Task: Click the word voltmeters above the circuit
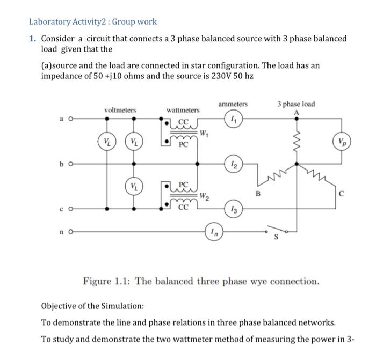coord(120,110)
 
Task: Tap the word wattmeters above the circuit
coord(183,110)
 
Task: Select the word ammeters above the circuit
coord(233,104)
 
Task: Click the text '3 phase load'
coord(296,104)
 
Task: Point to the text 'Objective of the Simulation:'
coord(92,306)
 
